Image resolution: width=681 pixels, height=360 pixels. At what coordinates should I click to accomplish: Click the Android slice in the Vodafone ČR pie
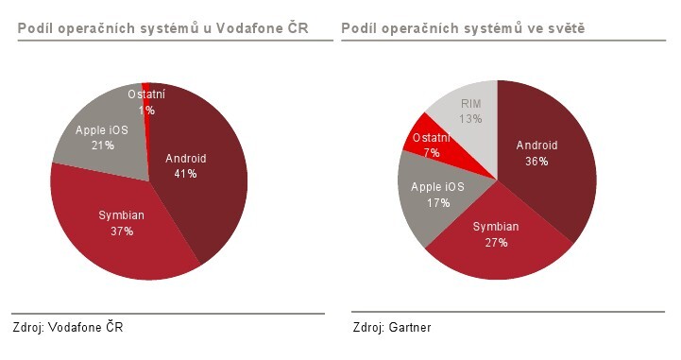point(203,189)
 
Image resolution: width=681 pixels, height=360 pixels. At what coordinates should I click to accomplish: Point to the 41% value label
point(185,174)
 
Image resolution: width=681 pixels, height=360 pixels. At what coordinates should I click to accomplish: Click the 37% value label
point(121,231)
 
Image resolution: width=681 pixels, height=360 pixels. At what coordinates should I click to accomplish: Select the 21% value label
point(102,146)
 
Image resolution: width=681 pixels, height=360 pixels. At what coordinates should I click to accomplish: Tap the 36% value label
point(536,161)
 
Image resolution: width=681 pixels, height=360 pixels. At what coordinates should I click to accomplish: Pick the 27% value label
point(496,243)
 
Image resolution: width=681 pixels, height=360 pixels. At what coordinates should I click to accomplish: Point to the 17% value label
point(437,202)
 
